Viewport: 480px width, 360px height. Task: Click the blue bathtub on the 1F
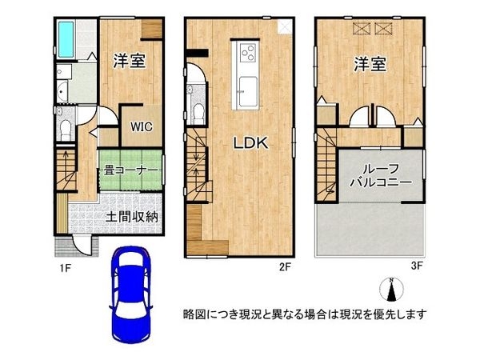pyautogui.click(x=66, y=39)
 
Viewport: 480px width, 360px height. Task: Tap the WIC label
pyautogui.click(x=142, y=126)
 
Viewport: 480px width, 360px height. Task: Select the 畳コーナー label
pyautogui.click(x=130, y=170)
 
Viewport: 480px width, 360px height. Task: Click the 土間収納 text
pyautogui.click(x=132, y=217)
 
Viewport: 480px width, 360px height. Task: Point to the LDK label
pyautogui.click(x=251, y=142)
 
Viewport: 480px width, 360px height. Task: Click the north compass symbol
pyautogui.click(x=391, y=290)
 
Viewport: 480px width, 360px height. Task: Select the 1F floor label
pyautogui.click(x=66, y=268)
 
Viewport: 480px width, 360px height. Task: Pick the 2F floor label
pyautogui.click(x=285, y=267)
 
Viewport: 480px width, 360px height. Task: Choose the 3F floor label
pyautogui.click(x=417, y=266)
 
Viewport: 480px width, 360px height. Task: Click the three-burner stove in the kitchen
pyautogui.click(x=248, y=53)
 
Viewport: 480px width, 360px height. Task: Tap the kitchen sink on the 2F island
pyautogui.click(x=248, y=91)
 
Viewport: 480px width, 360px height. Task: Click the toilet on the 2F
pyautogui.click(x=199, y=114)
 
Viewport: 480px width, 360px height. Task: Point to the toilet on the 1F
pyautogui.click(x=66, y=130)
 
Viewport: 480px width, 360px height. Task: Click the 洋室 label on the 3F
pyautogui.click(x=370, y=64)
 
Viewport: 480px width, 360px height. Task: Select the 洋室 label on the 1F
pyautogui.click(x=129, y=61)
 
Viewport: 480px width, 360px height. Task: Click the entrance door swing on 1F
pyautogui.click(x=82, y=245)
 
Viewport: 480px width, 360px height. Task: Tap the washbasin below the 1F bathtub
pyautogui.click(x=62, y=91)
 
